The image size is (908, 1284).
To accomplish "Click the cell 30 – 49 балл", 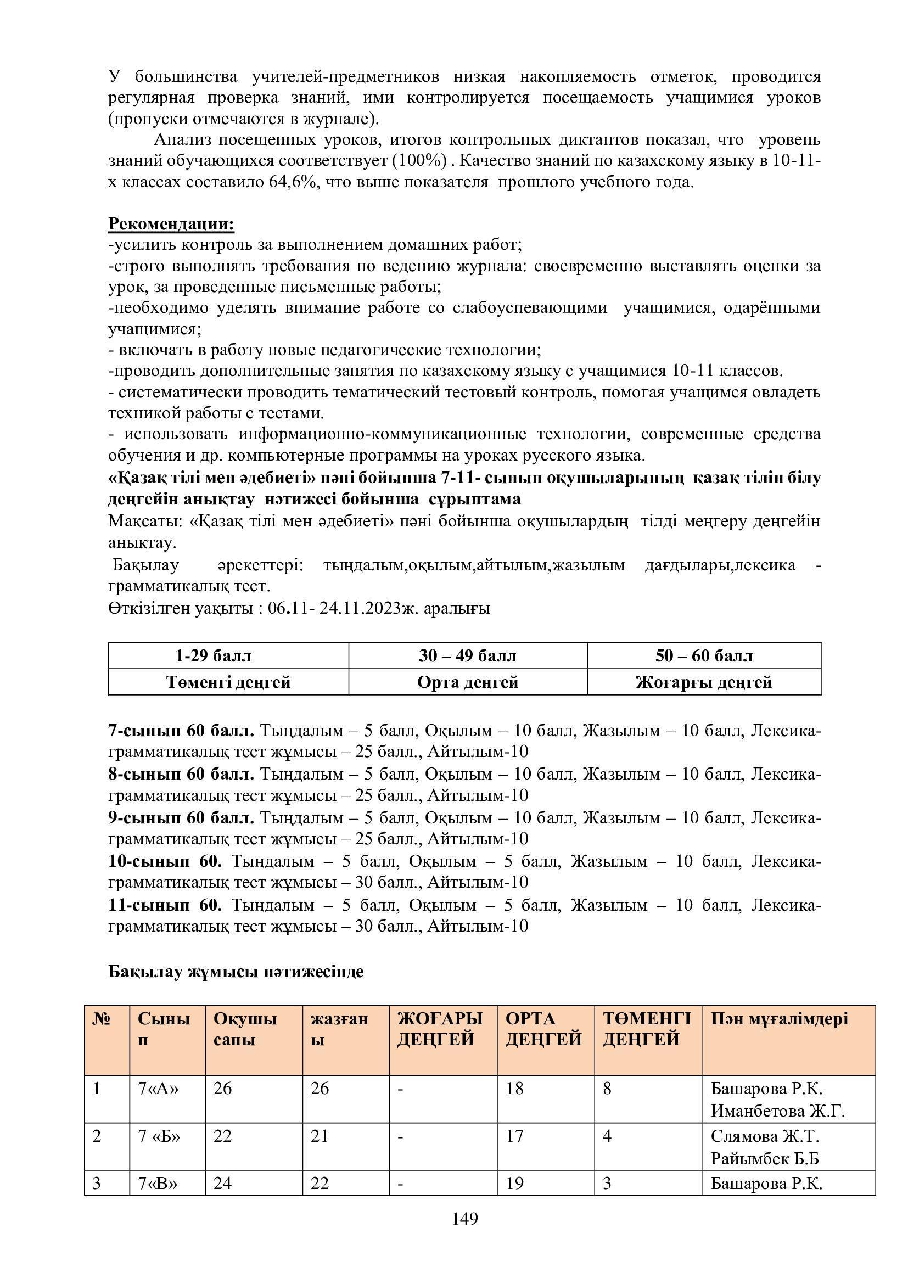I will (x=467, y=655).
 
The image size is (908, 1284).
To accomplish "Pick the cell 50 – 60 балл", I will (x=704, y=655).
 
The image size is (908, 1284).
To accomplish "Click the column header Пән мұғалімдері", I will (x=779, y=1018).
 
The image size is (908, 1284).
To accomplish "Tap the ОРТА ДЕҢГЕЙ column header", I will (x=543, y=1029).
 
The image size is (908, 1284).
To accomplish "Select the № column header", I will (x=101, y=1019).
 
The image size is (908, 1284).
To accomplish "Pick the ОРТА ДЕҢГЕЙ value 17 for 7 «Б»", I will (x=514, y=1136).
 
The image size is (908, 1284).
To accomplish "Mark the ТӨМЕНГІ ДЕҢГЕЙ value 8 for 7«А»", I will (x=607, y=1088).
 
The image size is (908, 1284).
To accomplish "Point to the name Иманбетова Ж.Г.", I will (x=777, y=1111).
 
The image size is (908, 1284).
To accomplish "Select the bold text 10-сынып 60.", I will (x=165, y=861).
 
